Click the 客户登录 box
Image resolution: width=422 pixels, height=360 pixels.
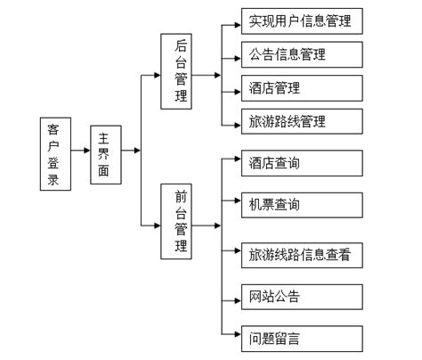coord(55,152)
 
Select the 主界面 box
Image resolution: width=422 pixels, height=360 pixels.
coord(105,152)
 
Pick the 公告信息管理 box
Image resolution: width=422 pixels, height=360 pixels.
coord(302,54)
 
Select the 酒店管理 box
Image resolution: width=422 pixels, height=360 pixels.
coord(302,87)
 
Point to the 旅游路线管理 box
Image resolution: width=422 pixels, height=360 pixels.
coord(302,120)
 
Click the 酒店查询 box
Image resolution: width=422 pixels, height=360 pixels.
coord(302,163)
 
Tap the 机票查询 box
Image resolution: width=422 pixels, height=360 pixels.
coord(302,204)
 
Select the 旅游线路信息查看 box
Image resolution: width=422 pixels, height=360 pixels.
coord(302,255)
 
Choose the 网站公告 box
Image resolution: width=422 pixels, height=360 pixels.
coord(302,297)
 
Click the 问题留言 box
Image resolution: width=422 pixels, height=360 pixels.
coord(302,338)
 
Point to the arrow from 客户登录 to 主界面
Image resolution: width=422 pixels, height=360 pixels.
coord(80,152)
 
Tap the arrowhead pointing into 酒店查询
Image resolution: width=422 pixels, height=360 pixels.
coord(236,163)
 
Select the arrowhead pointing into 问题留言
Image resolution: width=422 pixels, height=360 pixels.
coord(236,338)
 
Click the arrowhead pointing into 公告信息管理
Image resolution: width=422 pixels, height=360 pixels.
coord(236,54)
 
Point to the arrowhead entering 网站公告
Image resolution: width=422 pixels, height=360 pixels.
coord(236,297)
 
